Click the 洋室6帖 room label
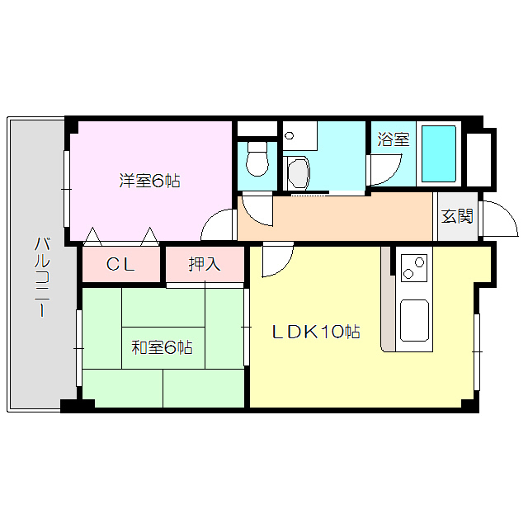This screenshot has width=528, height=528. (x=149, y=181)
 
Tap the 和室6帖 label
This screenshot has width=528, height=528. (x=162, y=347)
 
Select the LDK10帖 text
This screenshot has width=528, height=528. (x=316, y=332)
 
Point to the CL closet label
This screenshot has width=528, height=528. (x=121, y=265)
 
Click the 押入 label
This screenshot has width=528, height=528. (x=205, y=264)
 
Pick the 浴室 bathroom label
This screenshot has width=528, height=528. (x=393, y=139)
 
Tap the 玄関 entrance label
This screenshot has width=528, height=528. (x=457, y=216)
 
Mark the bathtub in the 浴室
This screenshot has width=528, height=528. (x=439, y=154)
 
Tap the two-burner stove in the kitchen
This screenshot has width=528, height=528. (x=413, y=266)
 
